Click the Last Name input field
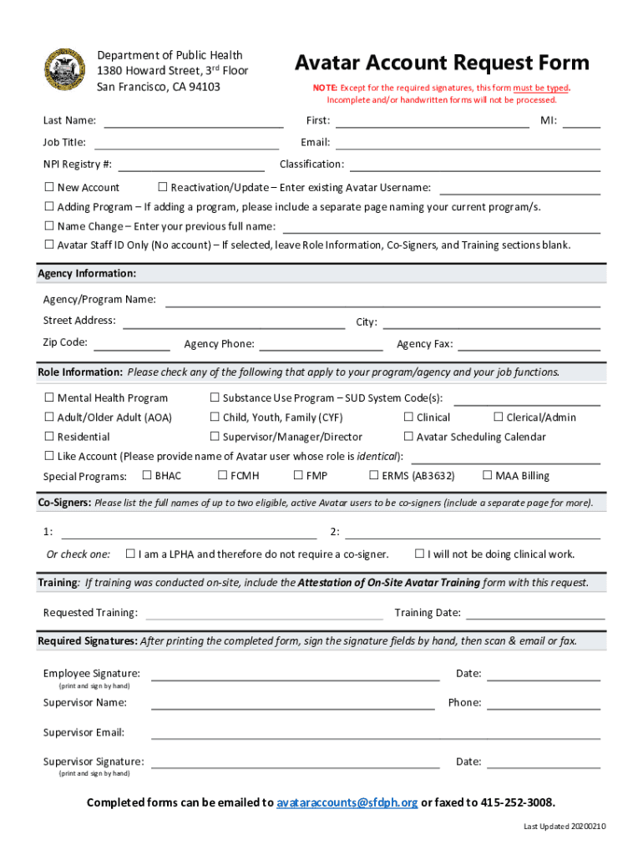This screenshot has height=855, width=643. tap(194, 121)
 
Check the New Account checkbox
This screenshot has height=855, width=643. tap(49, 187)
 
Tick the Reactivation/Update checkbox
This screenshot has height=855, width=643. tap(163, 187)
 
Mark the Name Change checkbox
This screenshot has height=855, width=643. tap(49, 225)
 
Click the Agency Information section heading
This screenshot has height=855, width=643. tap(88, 274)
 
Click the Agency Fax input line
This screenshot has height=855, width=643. tap(529, 344)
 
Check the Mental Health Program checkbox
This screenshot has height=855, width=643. tap(49, 397)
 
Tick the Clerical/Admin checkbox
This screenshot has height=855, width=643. tap(499, 417)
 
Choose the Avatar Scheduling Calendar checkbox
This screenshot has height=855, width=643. tap(408, 436)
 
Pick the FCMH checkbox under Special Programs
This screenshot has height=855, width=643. tap(222, 475)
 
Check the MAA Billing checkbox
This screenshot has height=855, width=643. tap(487, 475)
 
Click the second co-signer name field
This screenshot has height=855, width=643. tap(472, 533)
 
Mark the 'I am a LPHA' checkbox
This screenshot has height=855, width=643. tap(130, 554)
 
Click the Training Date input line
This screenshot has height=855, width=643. tap(534, 613)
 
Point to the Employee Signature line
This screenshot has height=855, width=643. tap(295, 674)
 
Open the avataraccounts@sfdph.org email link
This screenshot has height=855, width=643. tap(347, 802)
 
